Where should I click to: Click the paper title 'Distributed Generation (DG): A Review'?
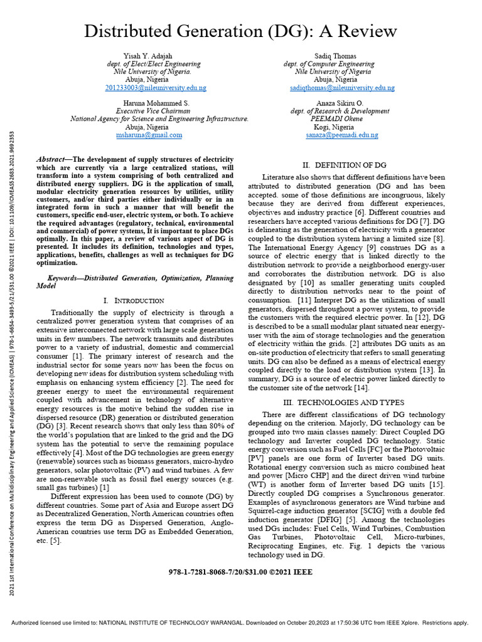coord(240,31)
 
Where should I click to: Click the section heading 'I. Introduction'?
coord(134,301)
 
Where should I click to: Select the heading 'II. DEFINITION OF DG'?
coord(344,166)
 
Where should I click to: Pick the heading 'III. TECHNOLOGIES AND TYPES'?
coord(344,402)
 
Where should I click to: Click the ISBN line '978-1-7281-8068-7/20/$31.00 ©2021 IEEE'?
coord(240,572)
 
